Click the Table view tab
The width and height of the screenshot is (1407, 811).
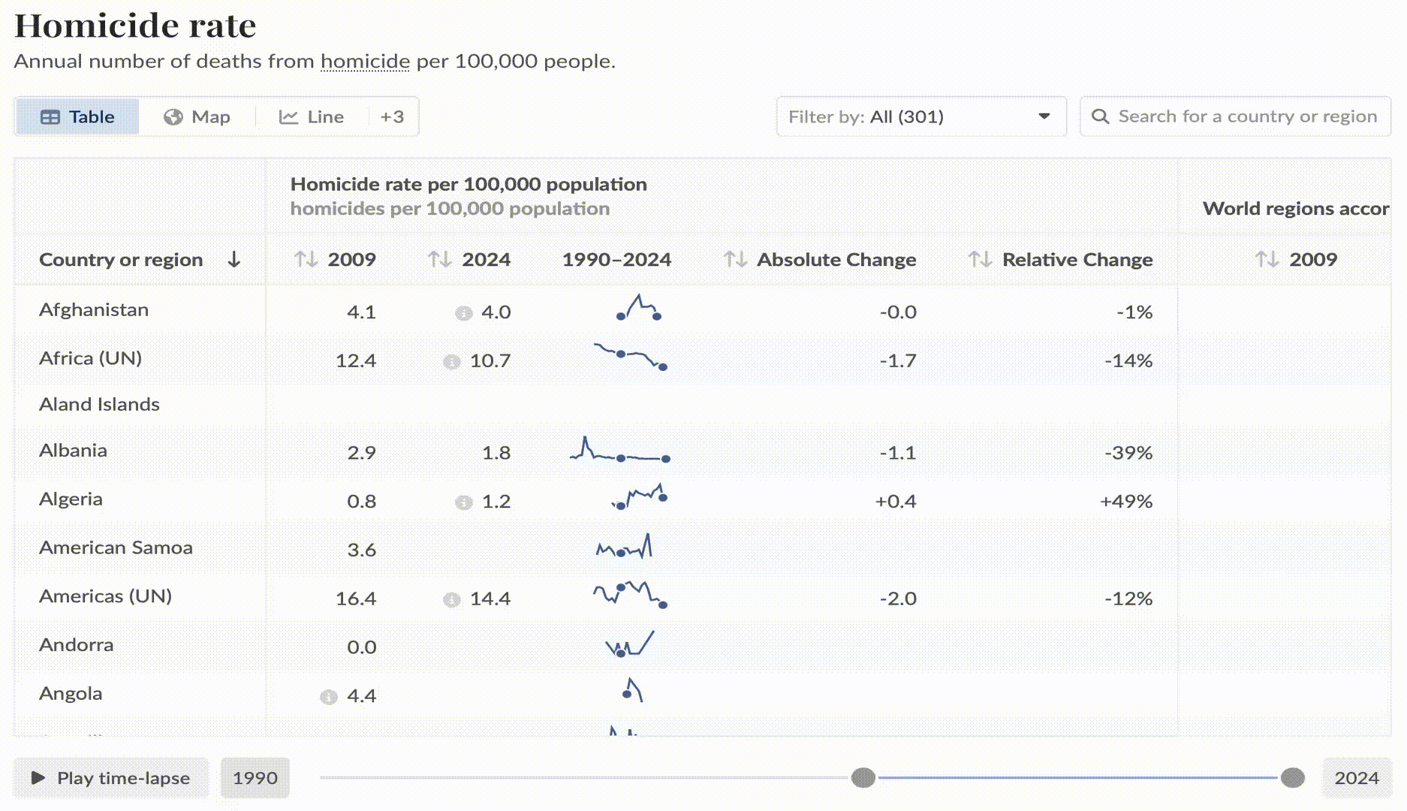coord(77,117)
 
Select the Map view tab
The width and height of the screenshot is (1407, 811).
coord(197,117)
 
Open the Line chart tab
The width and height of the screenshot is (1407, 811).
coord(312,117)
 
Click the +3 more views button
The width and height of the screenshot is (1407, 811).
coord(392,117)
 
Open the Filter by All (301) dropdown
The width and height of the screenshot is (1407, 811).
coord(920,117)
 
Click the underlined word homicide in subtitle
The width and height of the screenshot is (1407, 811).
coord(365,62)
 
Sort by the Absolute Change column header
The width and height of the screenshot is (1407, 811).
coord(836,260)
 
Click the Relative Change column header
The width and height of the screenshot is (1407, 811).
coord(1077,260)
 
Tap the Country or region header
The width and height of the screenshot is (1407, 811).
coord(121,260)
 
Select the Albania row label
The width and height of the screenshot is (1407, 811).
coord(73,451)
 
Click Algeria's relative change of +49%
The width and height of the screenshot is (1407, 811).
coord(1125,502)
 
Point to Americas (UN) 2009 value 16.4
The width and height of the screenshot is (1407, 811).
coord(355,598)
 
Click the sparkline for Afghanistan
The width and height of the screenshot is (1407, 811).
coord(638,308)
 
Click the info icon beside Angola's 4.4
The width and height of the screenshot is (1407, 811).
coord(329,697)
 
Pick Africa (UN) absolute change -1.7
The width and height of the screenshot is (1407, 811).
coord(898,361)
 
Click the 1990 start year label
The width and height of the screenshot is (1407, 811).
coord(255,778)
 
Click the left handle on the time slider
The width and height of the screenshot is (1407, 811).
coord(863,778)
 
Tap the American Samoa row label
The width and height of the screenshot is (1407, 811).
coord(116,548)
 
